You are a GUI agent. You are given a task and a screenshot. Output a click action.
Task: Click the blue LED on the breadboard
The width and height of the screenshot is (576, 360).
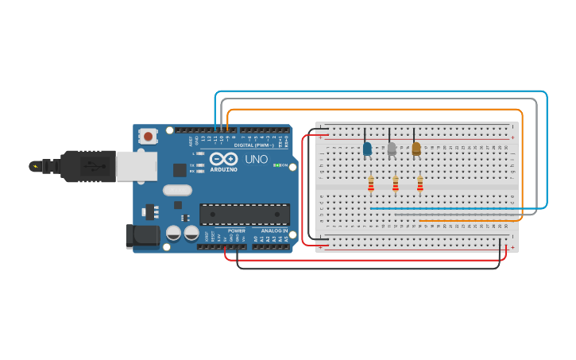point(367,149)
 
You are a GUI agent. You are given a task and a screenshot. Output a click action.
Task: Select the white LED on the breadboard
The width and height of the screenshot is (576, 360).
point(392,149)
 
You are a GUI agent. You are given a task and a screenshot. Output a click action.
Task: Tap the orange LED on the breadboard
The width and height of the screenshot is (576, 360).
point(416,149)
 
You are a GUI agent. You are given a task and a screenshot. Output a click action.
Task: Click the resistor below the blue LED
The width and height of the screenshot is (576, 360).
point(371,184)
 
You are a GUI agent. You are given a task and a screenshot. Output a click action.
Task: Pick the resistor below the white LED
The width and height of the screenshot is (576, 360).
point(396,184)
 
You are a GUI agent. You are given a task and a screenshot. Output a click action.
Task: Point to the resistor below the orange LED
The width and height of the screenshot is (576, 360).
point(420,184)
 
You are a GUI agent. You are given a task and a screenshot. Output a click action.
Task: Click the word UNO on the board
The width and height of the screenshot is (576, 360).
point(256,159)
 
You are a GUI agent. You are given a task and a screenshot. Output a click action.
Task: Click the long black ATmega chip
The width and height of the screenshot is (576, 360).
point(245,214)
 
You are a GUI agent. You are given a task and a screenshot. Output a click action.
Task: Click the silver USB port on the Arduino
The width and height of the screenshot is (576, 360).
point(136,166)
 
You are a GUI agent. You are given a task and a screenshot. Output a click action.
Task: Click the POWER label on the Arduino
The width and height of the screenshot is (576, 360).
point(237,230)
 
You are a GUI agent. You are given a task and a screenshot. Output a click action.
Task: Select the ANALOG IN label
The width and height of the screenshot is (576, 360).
point(274,230)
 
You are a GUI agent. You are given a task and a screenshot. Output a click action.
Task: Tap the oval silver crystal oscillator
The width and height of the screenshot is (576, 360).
point(177,190)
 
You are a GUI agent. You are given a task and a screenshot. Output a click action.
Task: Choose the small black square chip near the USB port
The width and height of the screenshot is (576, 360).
point(180,169)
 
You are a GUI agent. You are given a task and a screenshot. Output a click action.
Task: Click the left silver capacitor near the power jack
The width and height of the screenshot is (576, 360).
point(173,233)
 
